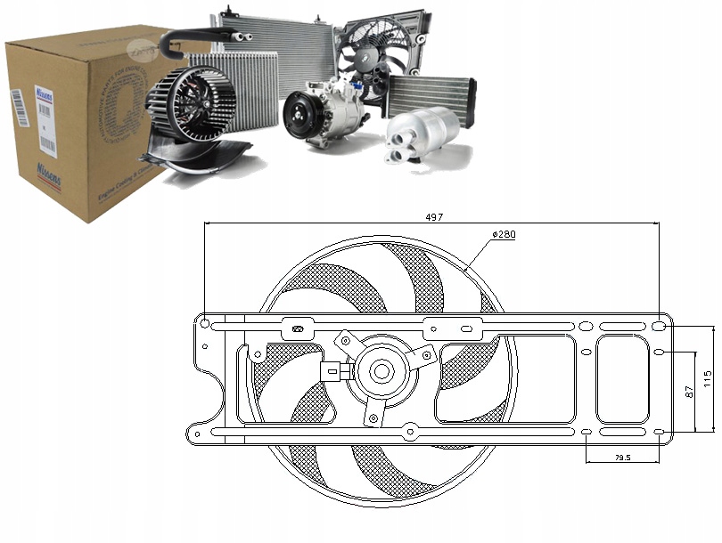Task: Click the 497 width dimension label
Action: click(x=433, y=216)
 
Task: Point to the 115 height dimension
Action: click(x=706, y=377)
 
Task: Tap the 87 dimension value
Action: click(x=687, y=391)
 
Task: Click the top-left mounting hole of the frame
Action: click(x=205, y=322)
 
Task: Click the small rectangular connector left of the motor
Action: click(x=332, y=370)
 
